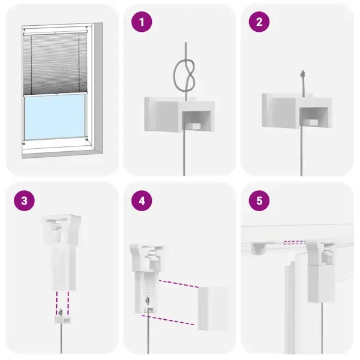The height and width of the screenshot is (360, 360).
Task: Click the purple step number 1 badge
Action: coord(142,23)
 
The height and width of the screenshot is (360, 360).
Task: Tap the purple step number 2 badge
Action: coord(259,23)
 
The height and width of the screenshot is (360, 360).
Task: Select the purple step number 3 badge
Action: coord(24,200)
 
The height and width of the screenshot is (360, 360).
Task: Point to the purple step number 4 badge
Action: coord(142,200)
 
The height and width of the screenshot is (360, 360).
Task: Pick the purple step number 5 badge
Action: coord(259,200)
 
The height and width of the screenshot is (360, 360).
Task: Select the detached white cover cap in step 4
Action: coord(213,307)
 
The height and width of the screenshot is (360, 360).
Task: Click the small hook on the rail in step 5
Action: coord(259,246)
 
